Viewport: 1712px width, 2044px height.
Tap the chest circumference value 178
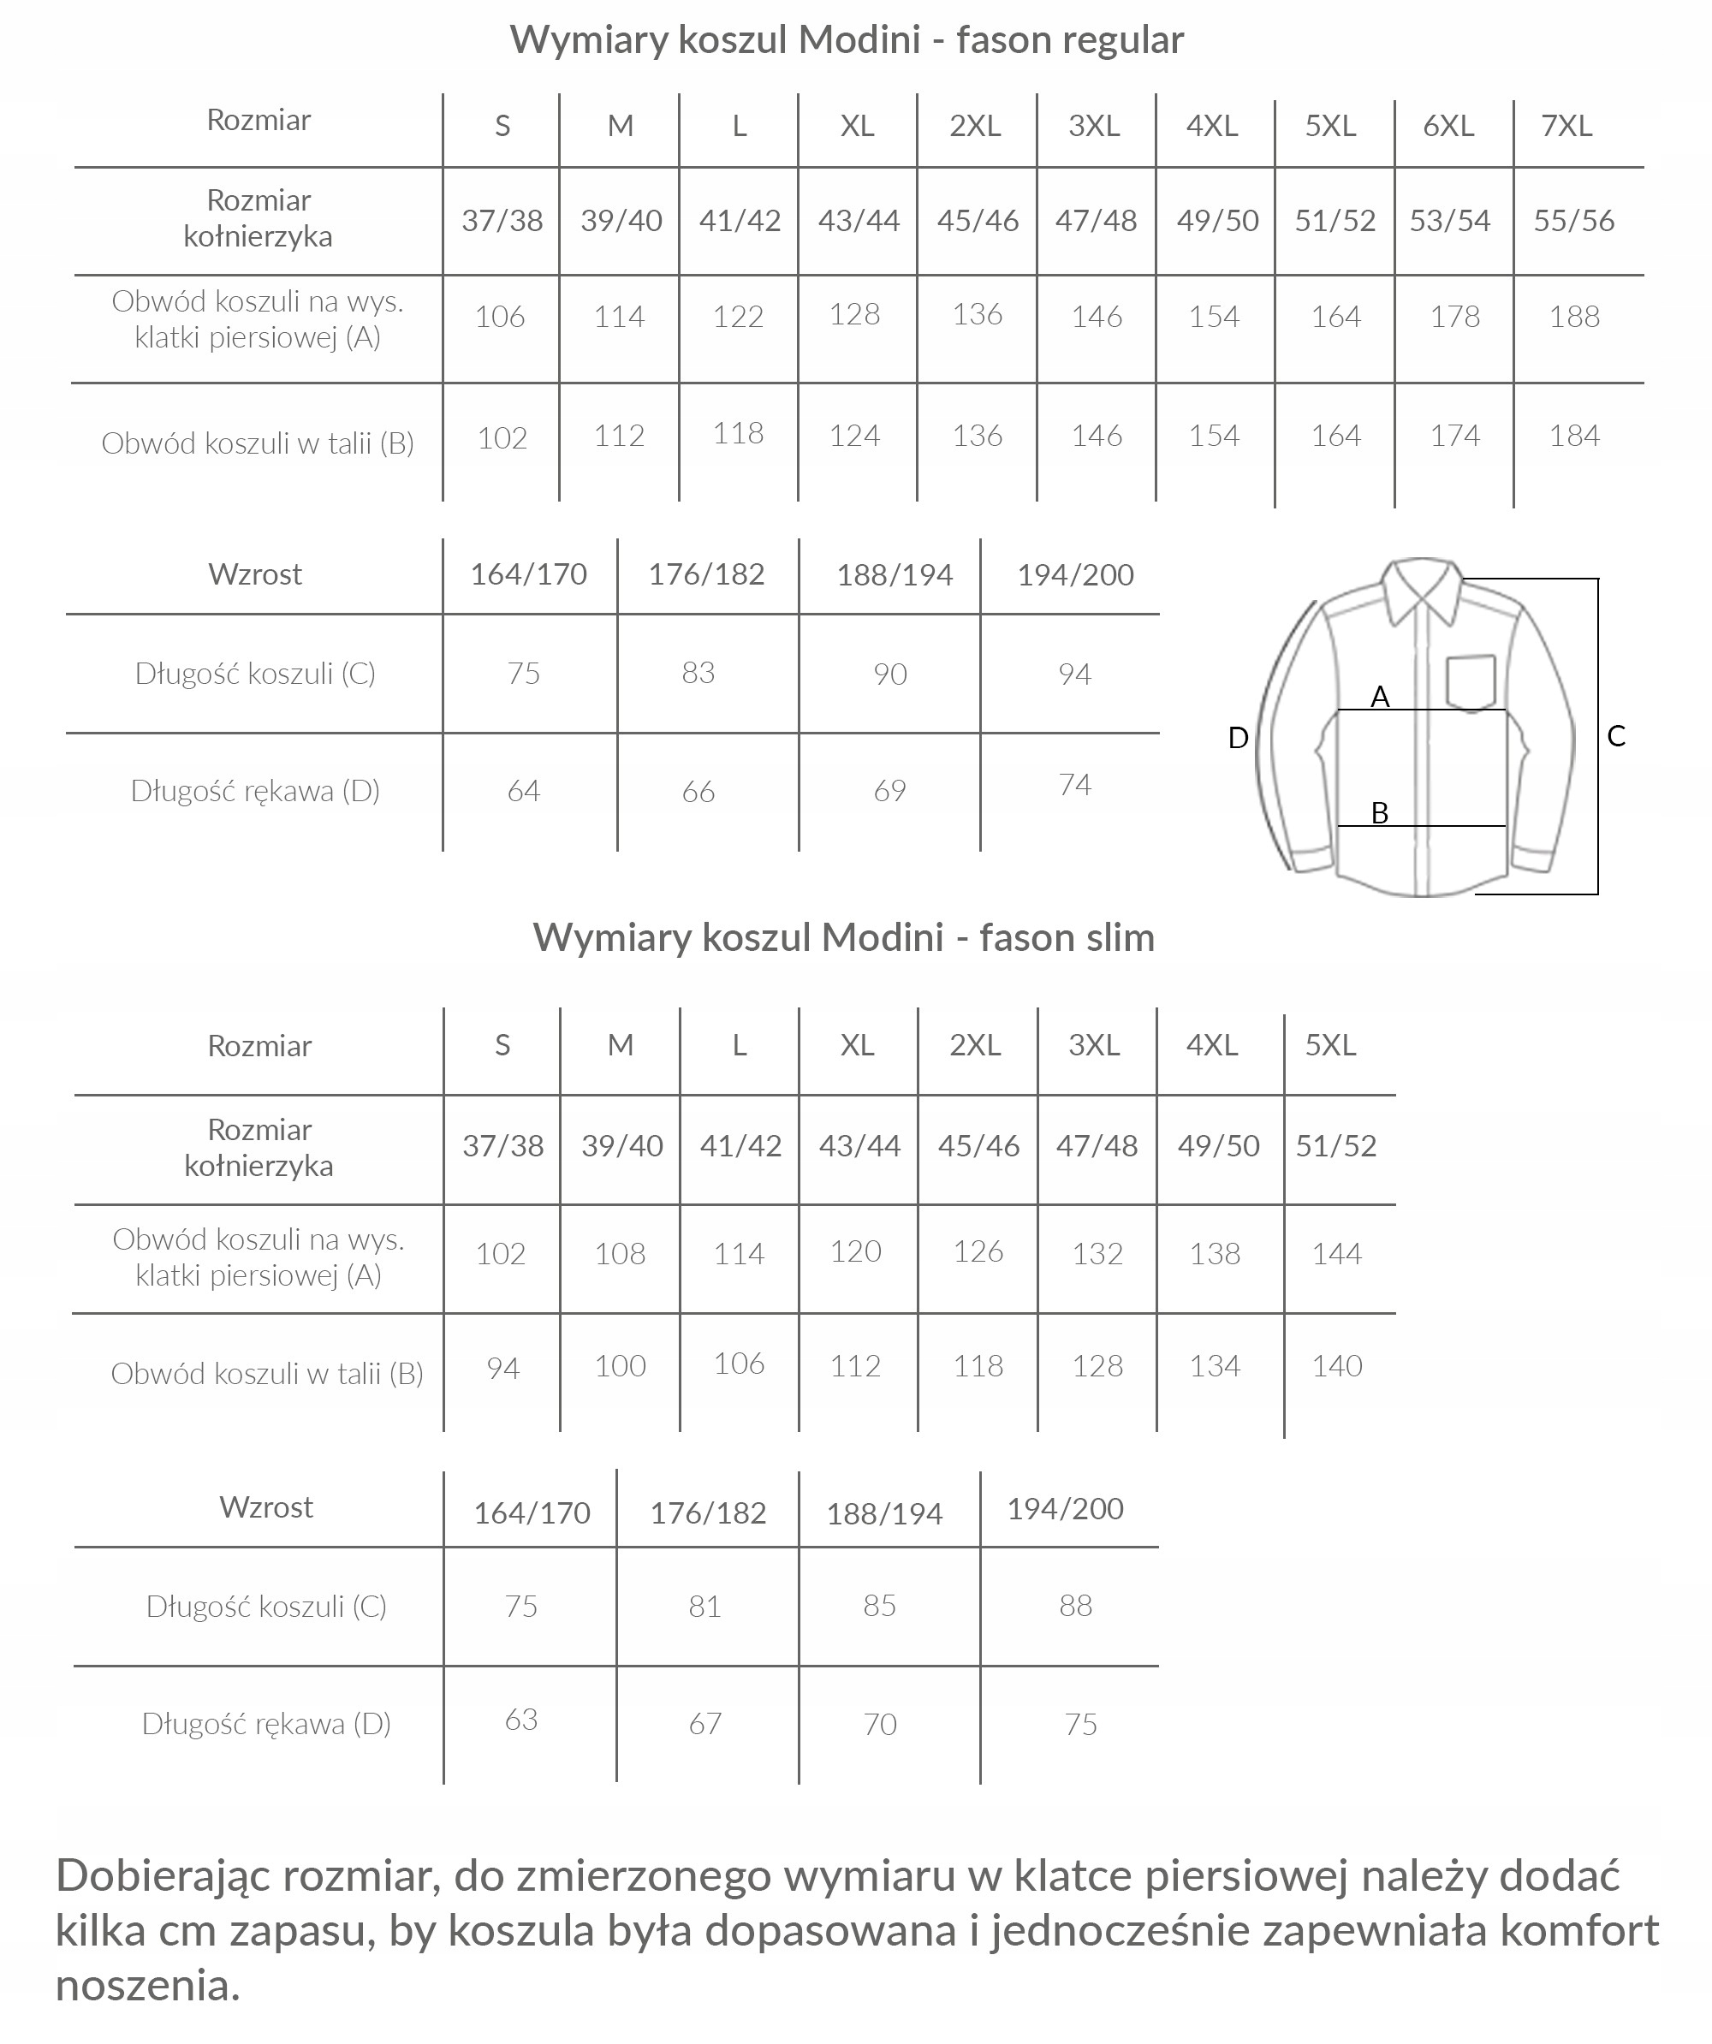[1454, 317]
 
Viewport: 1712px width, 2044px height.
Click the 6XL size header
[1448, 126]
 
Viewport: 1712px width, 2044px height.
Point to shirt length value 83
[698, 673]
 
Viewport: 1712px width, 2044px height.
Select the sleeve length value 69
[889, 790]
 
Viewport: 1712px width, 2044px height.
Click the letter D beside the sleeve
[1238, 738]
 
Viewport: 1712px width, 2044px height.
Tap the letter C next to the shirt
[1615, 736]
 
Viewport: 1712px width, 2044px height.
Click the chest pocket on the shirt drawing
[1470, 680]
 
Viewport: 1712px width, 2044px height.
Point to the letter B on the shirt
[1379, 813]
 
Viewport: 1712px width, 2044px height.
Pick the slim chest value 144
[1335, 1254]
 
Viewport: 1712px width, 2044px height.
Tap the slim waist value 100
[620, 1365]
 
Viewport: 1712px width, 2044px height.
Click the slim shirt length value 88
[1075, 1605]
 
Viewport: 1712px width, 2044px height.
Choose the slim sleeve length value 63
[520, 1719]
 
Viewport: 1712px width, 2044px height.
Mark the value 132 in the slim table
[1097, 1254]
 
